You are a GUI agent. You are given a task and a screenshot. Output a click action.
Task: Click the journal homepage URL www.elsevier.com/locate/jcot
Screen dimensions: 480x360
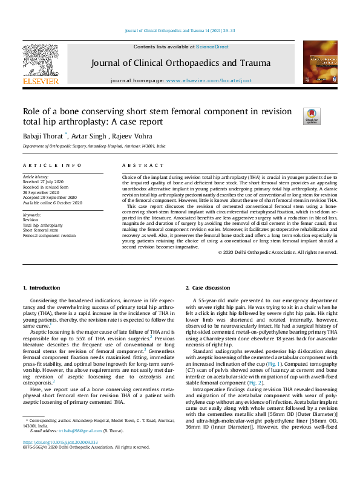click(209, 80)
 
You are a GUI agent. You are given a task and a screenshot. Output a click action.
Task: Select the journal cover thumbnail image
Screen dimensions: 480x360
click(319, 62)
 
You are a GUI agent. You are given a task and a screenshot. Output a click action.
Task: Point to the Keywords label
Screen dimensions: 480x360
click(31, 215)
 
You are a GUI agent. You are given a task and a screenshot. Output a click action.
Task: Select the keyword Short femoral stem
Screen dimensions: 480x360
click(41, 230)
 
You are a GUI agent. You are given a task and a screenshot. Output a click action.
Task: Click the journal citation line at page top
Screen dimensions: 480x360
click(180, 30)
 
